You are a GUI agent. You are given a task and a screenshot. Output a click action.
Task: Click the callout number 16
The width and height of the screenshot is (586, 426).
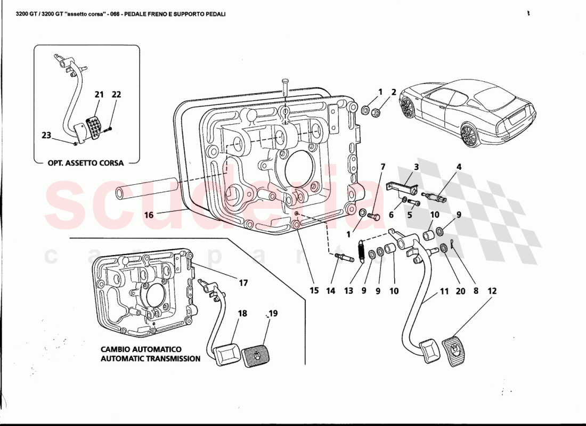[x=148, y=216]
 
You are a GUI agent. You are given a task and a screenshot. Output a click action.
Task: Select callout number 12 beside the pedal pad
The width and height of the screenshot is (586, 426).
[x=491, y=291]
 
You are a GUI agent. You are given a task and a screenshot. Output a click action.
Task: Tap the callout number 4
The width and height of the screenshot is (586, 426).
[x=459, y=167]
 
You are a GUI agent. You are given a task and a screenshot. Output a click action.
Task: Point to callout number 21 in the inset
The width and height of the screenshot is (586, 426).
[x=99, y=95]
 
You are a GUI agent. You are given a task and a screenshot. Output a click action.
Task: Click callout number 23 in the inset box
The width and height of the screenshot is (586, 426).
[x=46, y=135]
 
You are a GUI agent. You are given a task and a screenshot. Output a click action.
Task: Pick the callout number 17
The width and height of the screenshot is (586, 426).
[x=243, y=283]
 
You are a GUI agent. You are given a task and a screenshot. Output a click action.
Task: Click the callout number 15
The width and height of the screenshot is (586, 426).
[x=314, y=291]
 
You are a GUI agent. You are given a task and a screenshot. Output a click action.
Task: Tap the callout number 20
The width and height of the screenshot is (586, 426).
[x=460, y=291]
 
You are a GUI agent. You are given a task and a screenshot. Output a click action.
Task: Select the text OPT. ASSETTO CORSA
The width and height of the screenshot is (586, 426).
[x=86, y=163]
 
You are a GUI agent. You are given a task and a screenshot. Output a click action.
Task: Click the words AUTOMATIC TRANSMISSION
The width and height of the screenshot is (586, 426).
[x=151, y=359]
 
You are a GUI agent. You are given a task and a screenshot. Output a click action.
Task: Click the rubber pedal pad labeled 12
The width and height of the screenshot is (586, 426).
[x=455, y=349]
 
